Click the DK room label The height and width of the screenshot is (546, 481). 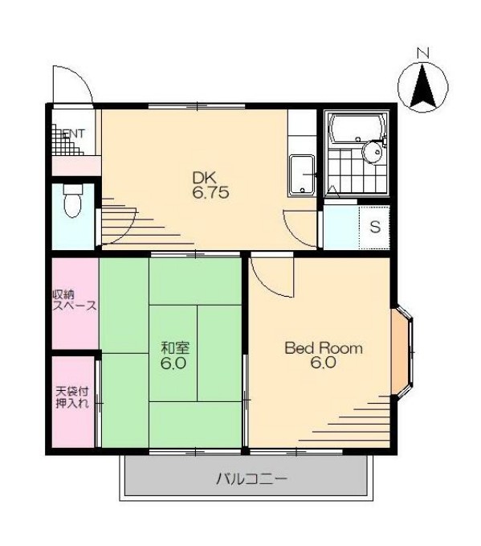tap(205, 179)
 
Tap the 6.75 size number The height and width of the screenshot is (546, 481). tap(210, 192)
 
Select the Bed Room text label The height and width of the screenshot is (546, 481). tap(324, 348)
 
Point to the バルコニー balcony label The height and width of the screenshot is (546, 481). tap(252, 479)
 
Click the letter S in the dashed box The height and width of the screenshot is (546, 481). tap(375, 227)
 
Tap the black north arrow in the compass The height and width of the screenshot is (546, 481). tap(422, 86)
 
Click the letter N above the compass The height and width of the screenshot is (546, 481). tap(423, 53)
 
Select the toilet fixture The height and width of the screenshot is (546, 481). tap(73, 200)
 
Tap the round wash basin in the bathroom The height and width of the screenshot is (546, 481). tap(372, 151)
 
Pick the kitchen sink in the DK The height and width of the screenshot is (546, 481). tap(302, 175)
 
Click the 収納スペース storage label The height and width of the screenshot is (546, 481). tap(75, 301)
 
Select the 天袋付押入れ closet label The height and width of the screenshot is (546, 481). tap(73, 397)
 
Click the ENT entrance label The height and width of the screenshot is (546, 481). tap(73, 133)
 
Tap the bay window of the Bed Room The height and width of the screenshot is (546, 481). tap(402, 352)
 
